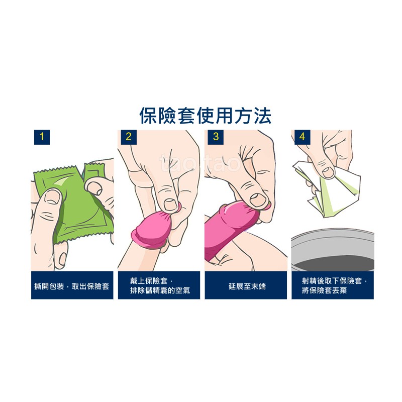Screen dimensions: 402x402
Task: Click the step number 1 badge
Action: (x=42, y=137)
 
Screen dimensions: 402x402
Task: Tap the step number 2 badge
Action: (x=129, y=137)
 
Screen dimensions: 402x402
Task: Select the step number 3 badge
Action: (x=216, y=137)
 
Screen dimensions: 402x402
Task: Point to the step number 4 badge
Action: (x=303, y=137)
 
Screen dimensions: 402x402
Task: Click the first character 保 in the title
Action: (x=149, y=116)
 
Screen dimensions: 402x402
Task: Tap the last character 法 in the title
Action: (x=262, y=116)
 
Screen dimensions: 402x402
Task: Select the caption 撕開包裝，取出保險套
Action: (x=72, y=286)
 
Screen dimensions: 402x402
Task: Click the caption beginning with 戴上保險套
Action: (x=160, y=285)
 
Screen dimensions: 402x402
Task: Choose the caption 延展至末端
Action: (x=247, y=286)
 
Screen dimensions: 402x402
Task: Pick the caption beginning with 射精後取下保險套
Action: (x=334, y=285)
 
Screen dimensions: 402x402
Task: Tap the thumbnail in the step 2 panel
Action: (x=169, y=205)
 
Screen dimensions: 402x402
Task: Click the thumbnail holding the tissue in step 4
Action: (x=329, y=172)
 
